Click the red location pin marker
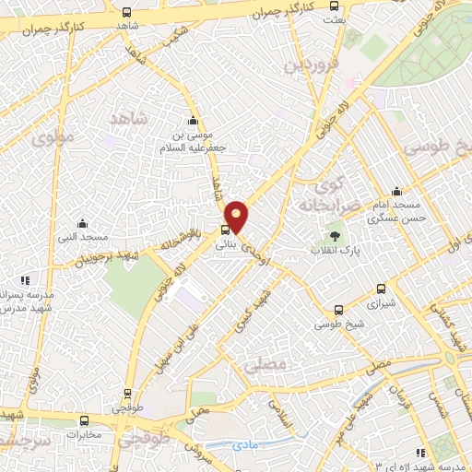pos(238,216)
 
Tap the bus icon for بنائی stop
pos(226,230)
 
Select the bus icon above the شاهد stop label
pos(125,13)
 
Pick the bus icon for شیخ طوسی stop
pos(339,310)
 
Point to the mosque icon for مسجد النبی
pos(83,222)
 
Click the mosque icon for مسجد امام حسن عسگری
pos(395,189)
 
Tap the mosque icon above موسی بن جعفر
pos(192,121)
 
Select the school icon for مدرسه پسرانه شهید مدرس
pos(27,279)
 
